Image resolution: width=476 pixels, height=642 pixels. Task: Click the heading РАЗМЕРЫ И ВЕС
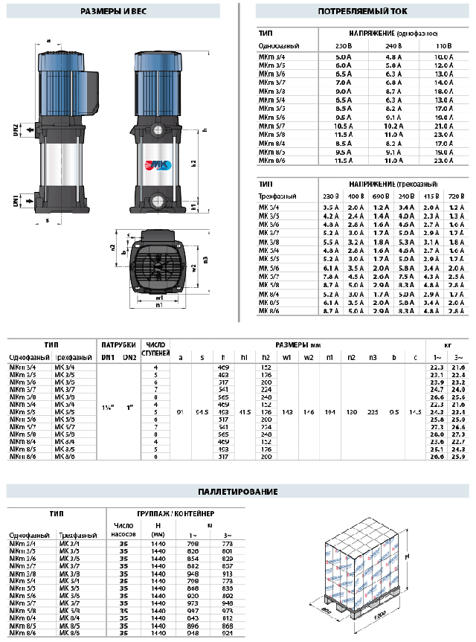(x=114, y=12)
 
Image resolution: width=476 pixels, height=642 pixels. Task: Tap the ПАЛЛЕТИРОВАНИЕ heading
(x=239, y=492)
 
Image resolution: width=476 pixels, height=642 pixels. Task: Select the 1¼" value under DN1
(x=109, y=408)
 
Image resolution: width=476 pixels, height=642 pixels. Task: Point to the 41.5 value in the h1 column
(x=245, y=408)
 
